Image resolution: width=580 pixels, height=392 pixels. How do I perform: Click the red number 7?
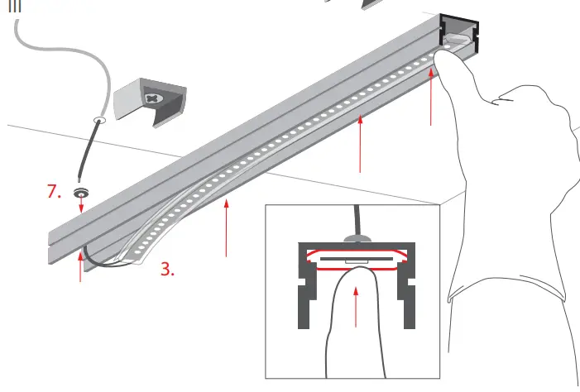[54, 192]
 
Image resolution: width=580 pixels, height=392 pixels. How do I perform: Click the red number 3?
[166, 269]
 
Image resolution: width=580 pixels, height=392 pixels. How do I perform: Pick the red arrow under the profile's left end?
[80, 268]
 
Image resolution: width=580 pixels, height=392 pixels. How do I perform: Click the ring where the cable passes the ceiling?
[99, 121]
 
